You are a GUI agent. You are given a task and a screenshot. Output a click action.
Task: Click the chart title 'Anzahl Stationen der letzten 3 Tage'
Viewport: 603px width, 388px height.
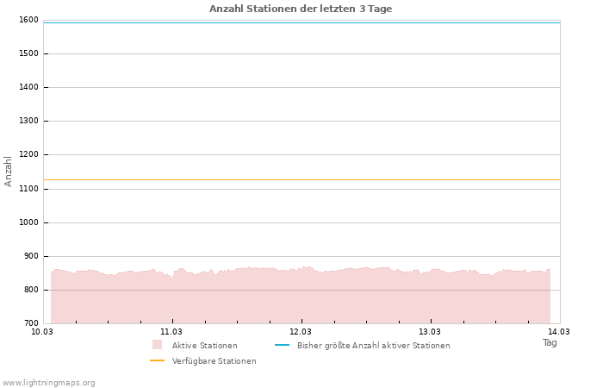coord(301,9)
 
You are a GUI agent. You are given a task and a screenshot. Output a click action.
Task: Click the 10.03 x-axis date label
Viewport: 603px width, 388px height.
coord(42,331)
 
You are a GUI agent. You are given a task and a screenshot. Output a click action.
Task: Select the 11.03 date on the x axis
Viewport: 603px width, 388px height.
coord(171,331)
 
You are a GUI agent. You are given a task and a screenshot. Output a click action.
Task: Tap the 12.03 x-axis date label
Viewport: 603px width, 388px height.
coord(301,331)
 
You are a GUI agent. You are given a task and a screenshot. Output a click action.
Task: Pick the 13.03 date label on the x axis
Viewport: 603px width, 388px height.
coord(430,331)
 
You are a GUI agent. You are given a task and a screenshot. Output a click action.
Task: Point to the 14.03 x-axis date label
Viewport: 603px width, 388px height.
coord(559,331)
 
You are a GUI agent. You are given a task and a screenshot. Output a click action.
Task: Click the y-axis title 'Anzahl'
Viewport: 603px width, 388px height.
coord(9,171)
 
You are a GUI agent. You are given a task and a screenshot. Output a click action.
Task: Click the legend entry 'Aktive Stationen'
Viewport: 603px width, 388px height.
coord(204,346)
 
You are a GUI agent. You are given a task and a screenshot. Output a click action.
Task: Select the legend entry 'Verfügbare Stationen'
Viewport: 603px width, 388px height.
coord(214,361)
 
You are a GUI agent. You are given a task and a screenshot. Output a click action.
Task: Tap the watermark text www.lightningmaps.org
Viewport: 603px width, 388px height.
coord(49,383)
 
